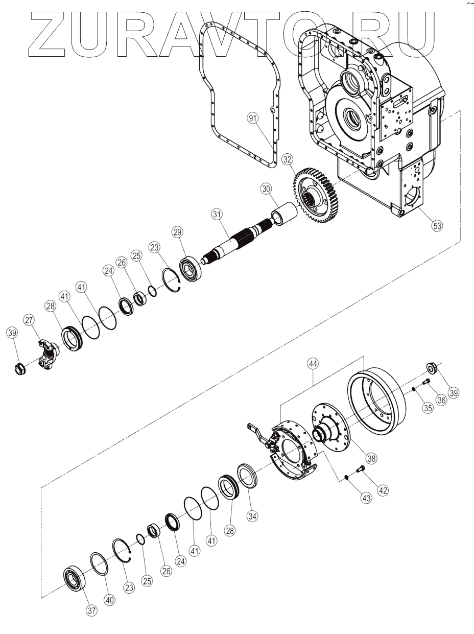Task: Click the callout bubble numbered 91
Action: (252, 119)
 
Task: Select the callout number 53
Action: (436, 225)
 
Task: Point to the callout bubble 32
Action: (288, 158)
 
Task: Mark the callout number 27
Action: (29, 320)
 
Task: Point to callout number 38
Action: (371, 458)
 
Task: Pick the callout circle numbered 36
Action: (441, 401)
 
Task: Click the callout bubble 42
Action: (383, 489)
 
